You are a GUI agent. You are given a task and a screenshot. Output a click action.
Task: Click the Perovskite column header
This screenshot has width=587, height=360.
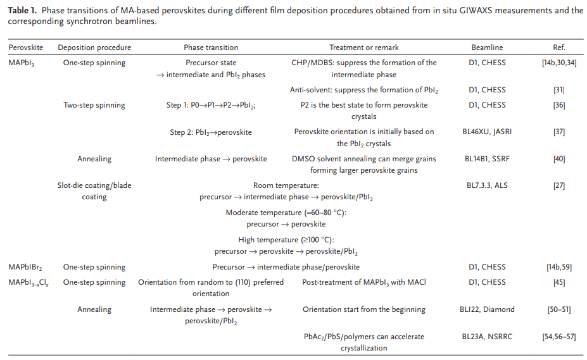tap(26, 47)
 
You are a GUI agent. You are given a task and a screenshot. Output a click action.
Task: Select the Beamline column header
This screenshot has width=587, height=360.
tap(487, 47)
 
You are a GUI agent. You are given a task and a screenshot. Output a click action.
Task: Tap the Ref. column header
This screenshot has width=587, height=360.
tap(559, 47)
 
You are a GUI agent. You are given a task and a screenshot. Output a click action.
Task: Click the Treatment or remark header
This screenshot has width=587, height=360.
tap(364, 47)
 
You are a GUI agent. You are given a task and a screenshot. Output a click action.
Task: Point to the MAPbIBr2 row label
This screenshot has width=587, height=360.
tap(25, 267)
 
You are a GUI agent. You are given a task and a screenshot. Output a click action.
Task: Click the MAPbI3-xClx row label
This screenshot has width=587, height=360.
tap(28, 283)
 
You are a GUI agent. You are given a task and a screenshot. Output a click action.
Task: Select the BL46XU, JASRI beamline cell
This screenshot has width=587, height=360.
tap(487, 132)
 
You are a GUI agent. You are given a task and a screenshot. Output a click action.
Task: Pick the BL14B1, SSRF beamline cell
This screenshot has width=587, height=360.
tap(487, 159)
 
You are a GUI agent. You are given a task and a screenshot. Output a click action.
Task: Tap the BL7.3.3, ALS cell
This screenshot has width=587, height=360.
tap(487, 185)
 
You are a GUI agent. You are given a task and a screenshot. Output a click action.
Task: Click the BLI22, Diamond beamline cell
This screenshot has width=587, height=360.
tap(487, 309)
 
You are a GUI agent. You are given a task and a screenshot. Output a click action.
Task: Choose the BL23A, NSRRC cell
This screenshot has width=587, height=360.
tap(487, 337)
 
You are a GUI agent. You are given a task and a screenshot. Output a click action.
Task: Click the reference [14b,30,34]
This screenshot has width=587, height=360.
tap(559, 63)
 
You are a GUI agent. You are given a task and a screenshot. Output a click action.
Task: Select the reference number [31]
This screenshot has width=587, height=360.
tap(559, 90)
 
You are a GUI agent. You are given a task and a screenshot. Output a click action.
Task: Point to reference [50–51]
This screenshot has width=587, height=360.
tap(559, 309)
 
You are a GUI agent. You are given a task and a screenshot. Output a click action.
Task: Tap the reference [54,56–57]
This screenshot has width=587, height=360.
tap(559, 337)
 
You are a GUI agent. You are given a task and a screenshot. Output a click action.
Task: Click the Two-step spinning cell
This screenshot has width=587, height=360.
tap(94, 105)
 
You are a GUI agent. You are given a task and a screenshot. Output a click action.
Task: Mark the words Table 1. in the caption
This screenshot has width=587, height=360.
tap(22, 11)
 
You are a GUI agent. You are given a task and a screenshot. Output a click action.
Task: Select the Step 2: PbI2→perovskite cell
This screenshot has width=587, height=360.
tap(211, 132)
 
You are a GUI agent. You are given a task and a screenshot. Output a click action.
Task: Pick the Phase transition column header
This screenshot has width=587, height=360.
tap(211, 47)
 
